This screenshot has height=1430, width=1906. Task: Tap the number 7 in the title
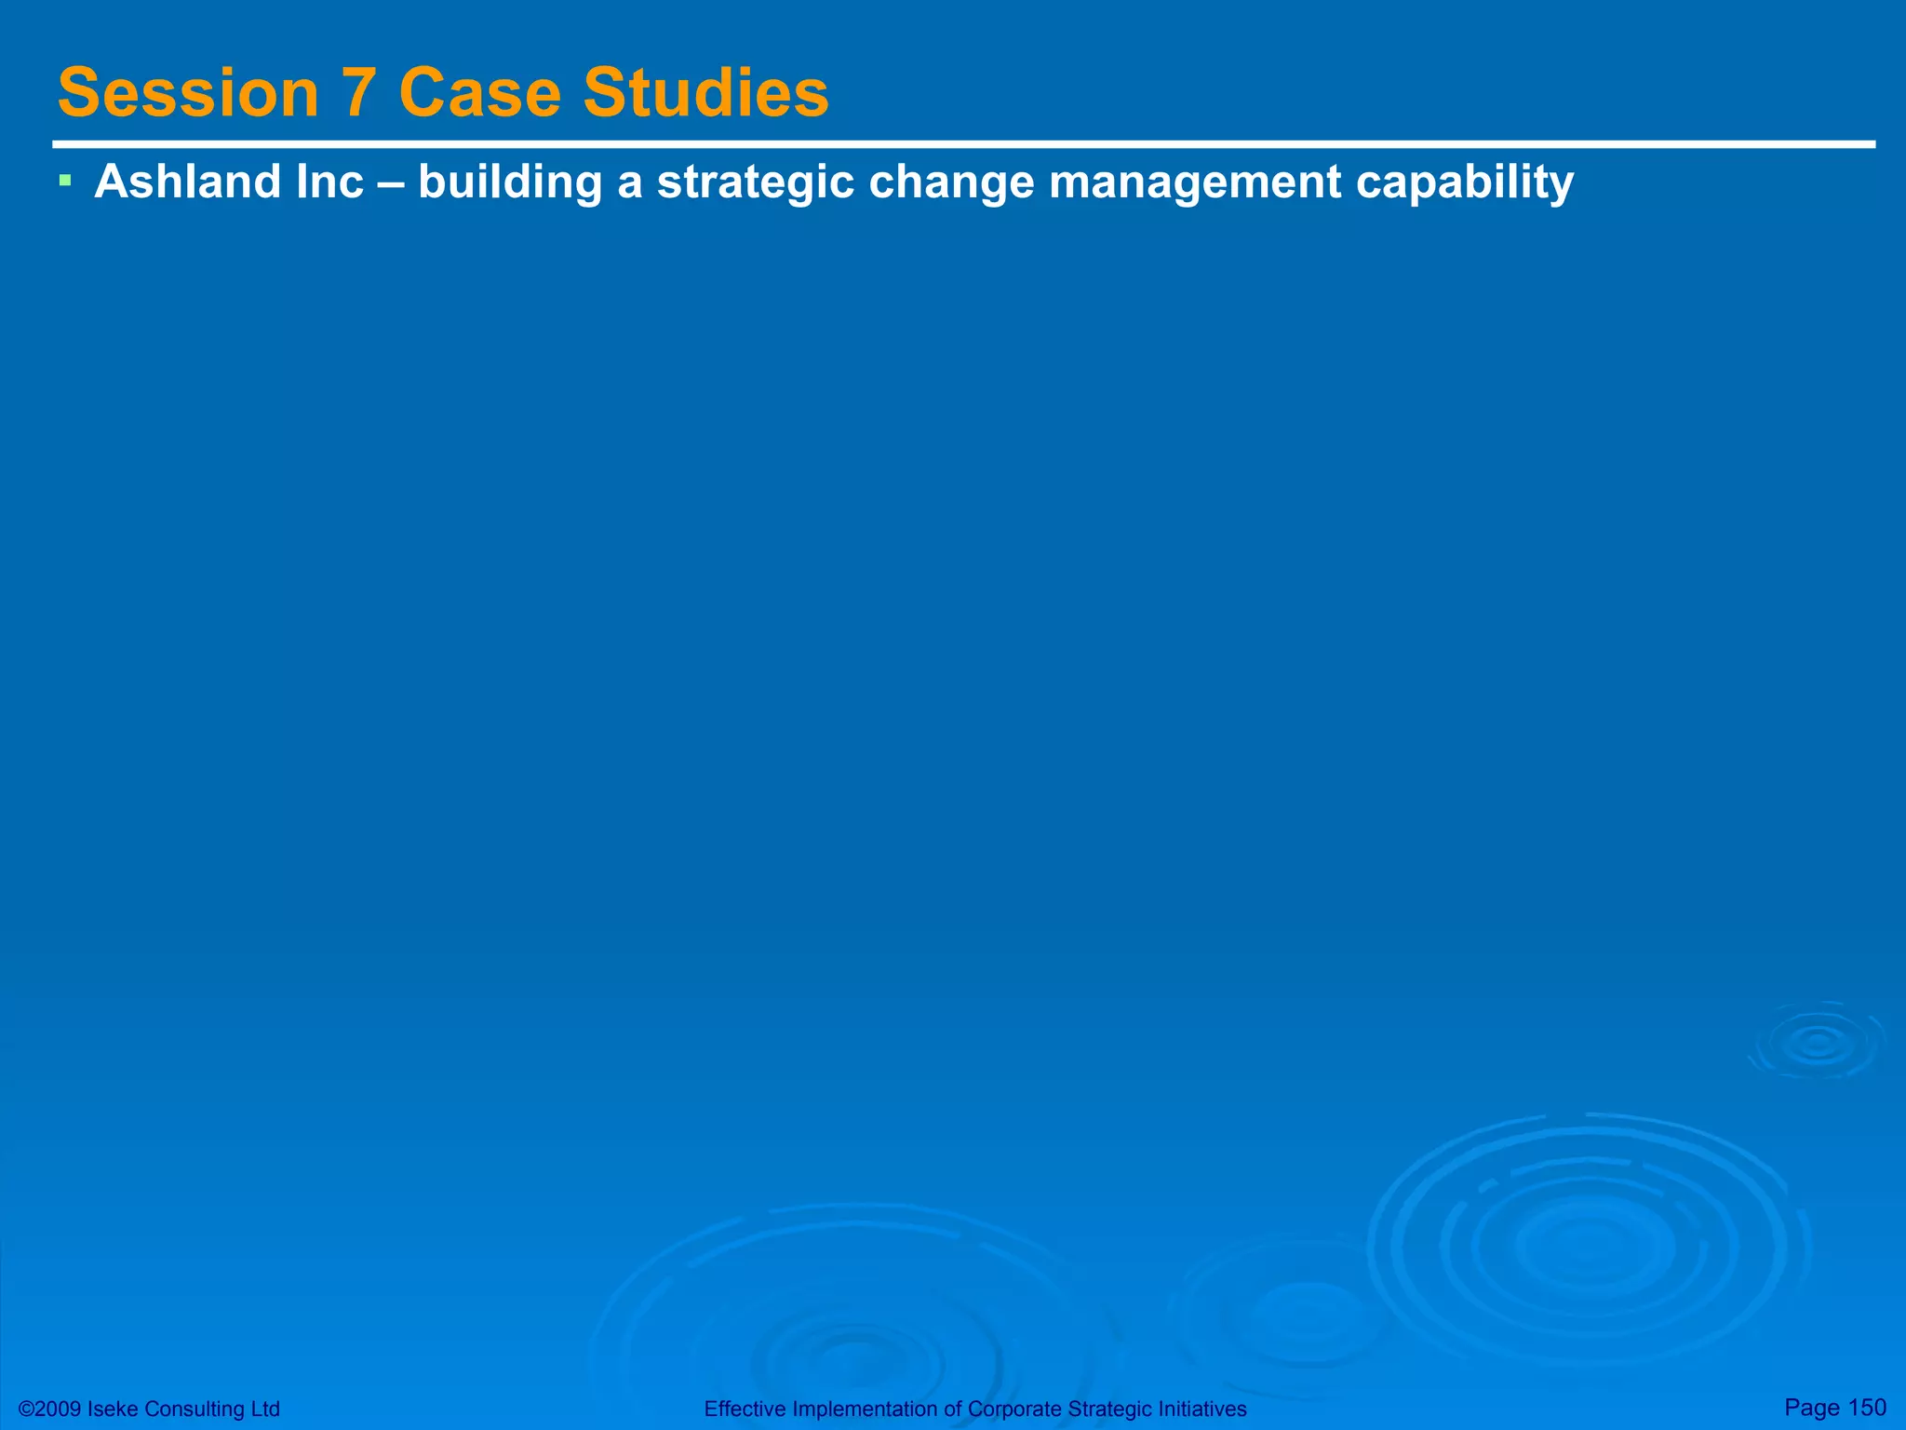358,93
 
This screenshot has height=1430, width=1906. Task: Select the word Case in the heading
479,93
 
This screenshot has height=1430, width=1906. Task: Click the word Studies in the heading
705,93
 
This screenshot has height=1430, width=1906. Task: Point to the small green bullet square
64,179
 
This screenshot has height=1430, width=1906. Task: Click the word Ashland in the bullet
187,181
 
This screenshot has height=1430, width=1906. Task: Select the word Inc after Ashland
329,181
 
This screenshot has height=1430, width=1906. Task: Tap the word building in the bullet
510,182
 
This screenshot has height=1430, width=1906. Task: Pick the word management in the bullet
1194,182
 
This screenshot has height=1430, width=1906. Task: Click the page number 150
1867,1407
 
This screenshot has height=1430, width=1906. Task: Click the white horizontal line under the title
963,144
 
